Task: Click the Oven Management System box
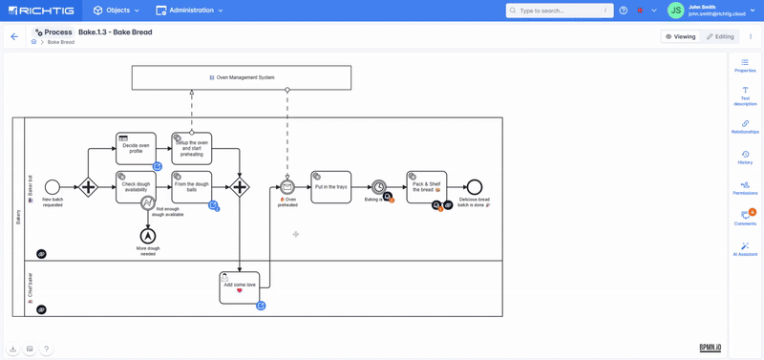pos(242,77)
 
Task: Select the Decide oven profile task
pos(136,148)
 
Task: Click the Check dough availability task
pos(135,187)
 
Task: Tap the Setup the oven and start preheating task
pos(191,149)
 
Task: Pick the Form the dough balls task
pos(191,187)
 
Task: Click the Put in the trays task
pos(330,187)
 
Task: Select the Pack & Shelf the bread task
pos(425,186)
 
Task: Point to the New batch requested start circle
pos(53,187)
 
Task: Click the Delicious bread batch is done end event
pos(475,187)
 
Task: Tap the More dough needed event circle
pos(148,236)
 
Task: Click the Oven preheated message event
pos(287,187)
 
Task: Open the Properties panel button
pos(745,65)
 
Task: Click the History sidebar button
pos(745,157)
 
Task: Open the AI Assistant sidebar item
pos(745,249)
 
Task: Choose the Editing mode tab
pos(721,36)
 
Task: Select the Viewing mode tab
pos(681,36)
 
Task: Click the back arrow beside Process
pos(14,36)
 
